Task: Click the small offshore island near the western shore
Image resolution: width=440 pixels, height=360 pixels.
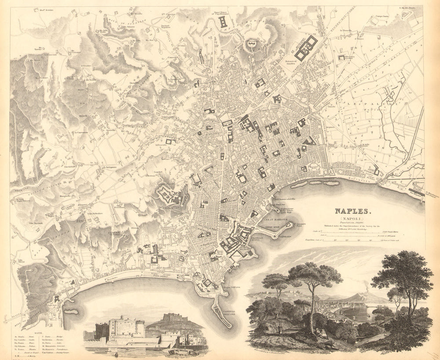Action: coord(70,312)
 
